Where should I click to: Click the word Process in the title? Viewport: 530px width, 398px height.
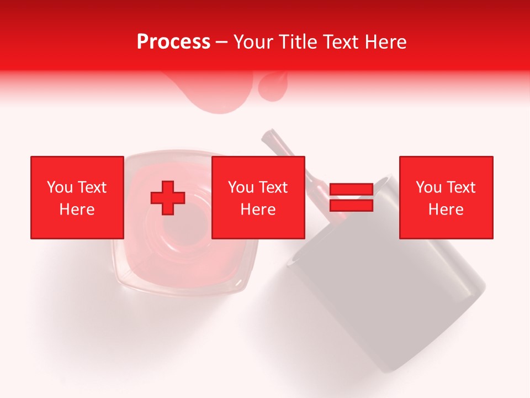(x=173, y=42)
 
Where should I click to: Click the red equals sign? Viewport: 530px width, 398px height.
(x=351, y=197)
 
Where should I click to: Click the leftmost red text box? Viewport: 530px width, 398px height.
(x=77, y=197)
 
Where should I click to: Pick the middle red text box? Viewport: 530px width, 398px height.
(x=258, y=197)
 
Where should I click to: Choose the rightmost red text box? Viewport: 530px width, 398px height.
(x=446, y=197)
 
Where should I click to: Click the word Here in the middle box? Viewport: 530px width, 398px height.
(x=258, y=210)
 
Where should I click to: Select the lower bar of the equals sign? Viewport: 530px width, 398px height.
(x=351, y=205)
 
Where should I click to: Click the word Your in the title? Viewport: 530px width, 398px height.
(x=252, y=42)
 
